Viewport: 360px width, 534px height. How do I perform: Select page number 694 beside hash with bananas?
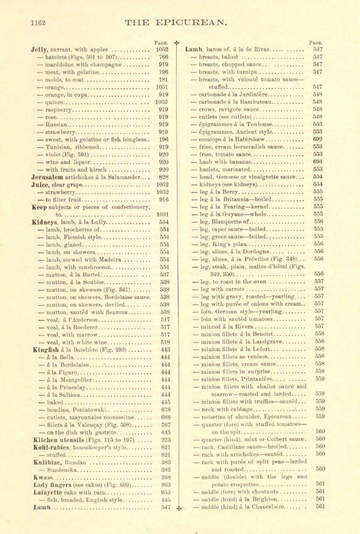318,162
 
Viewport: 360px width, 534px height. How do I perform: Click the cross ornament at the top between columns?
176,43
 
